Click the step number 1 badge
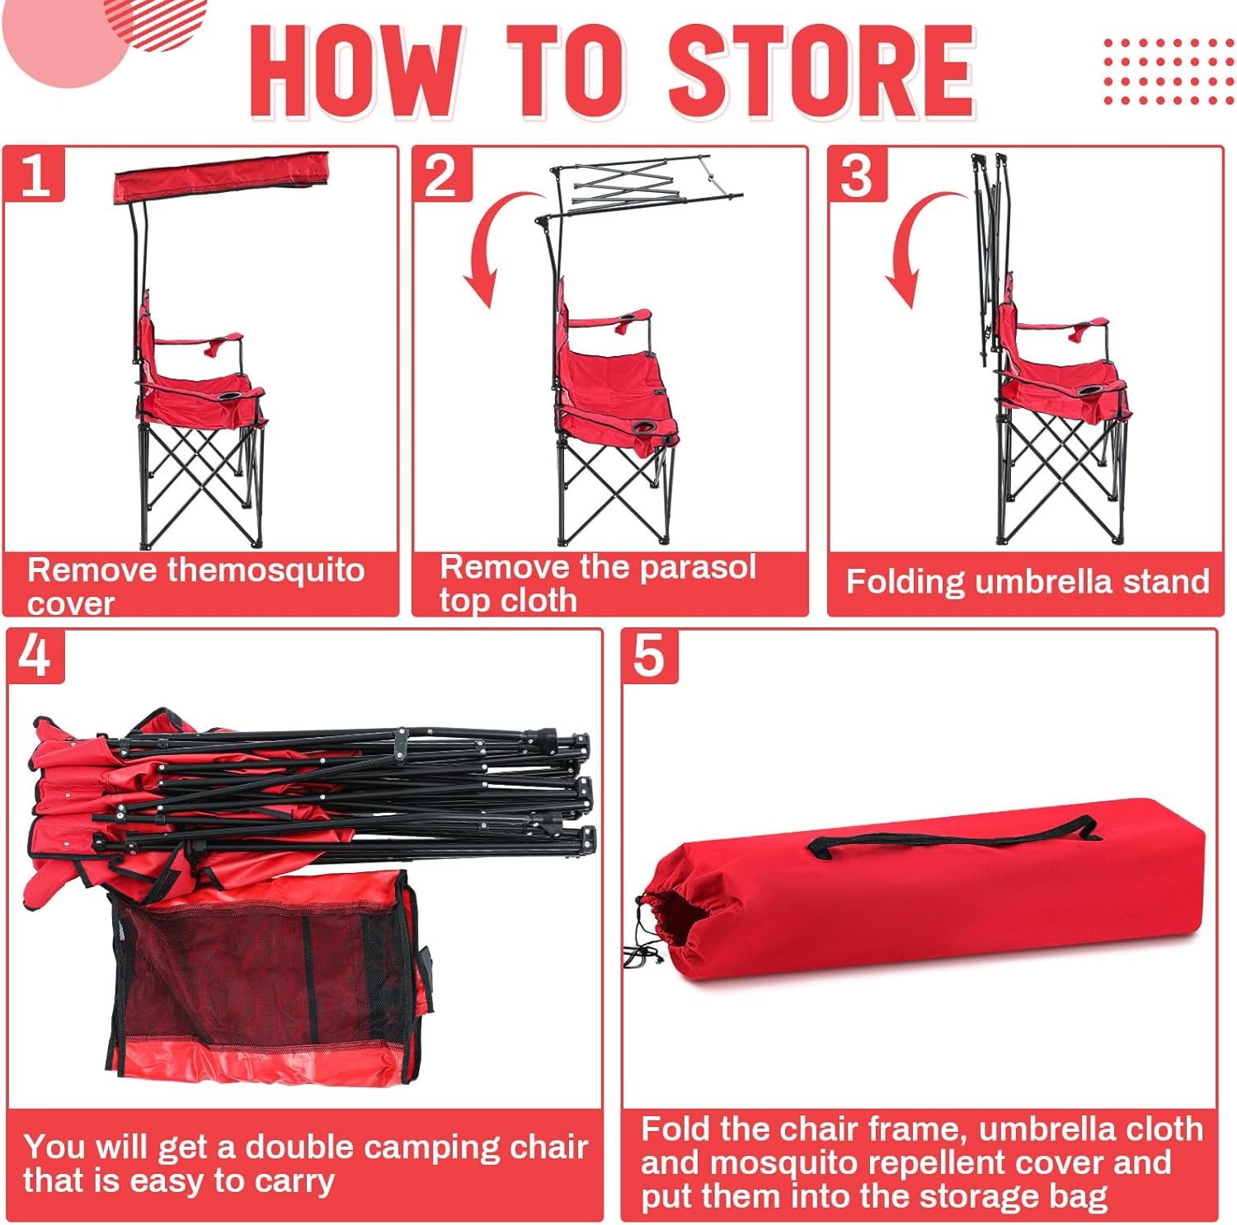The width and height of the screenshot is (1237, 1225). click(34, 174)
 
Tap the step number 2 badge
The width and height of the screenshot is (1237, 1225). click(442, 174)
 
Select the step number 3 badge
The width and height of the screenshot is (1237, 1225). click(858, 174)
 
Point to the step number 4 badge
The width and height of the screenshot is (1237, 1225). click(35, 657)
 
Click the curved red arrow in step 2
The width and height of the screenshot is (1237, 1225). click(487, 247)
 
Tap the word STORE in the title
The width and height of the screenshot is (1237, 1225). click(821, 72)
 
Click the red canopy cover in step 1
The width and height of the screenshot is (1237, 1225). click(221, 176)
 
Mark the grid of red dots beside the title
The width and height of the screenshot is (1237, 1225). click(1169, 71)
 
